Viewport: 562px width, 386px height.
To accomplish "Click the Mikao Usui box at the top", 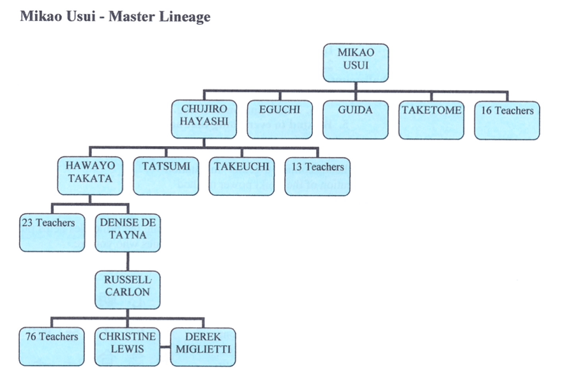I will tap(355, 63).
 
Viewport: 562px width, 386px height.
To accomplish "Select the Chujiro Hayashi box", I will tap(203, 119).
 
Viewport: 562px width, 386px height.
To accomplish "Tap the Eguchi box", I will tap(279, 119).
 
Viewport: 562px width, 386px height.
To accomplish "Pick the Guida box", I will tap(355, 119).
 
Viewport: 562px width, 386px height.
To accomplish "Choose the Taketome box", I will tap(431, 119).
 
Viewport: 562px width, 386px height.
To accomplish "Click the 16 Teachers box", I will tap(507, 119).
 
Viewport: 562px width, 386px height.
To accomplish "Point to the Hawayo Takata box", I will tap(90, 176).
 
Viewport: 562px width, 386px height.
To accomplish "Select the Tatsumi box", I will tap(166, 176).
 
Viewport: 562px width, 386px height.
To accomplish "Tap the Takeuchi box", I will tap(241, 176).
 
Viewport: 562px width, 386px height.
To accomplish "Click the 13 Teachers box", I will tap(317, 176).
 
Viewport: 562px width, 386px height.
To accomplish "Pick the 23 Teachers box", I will tap(52, 232).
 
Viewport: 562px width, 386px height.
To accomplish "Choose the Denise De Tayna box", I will tap(128, 232).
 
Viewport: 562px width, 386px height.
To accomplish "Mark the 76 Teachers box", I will tap(52, 346).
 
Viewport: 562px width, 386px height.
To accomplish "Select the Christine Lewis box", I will tap(128, 346).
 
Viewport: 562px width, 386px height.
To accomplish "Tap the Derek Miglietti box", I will tap(203, 346).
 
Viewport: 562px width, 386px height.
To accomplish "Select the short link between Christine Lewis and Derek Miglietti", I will tap(165, 348).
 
